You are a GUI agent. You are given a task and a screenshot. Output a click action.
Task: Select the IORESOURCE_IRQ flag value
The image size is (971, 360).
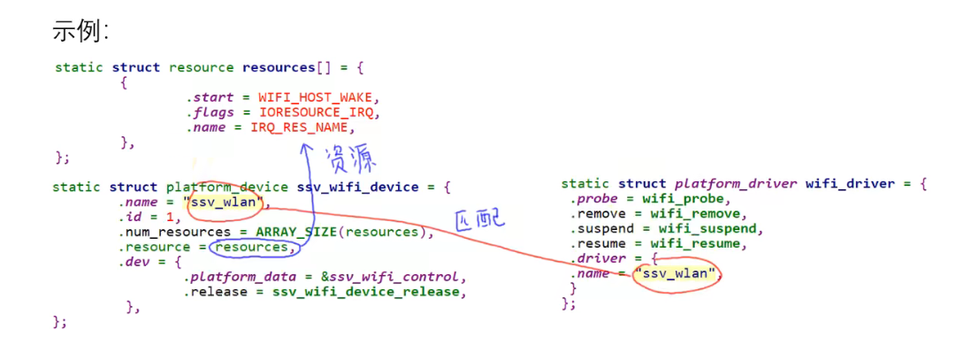318,112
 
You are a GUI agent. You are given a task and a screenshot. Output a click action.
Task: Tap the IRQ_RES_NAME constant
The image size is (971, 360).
302,127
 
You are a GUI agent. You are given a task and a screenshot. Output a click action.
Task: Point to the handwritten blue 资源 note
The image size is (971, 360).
351,159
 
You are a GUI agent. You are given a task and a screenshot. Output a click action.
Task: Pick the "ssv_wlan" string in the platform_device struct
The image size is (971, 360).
225,203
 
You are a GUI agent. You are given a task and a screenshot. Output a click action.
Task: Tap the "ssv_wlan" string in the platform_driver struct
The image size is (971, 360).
677,273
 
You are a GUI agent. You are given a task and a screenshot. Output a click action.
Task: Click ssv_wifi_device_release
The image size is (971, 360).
368,292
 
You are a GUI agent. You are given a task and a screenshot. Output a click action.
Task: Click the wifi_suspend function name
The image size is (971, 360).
697,229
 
